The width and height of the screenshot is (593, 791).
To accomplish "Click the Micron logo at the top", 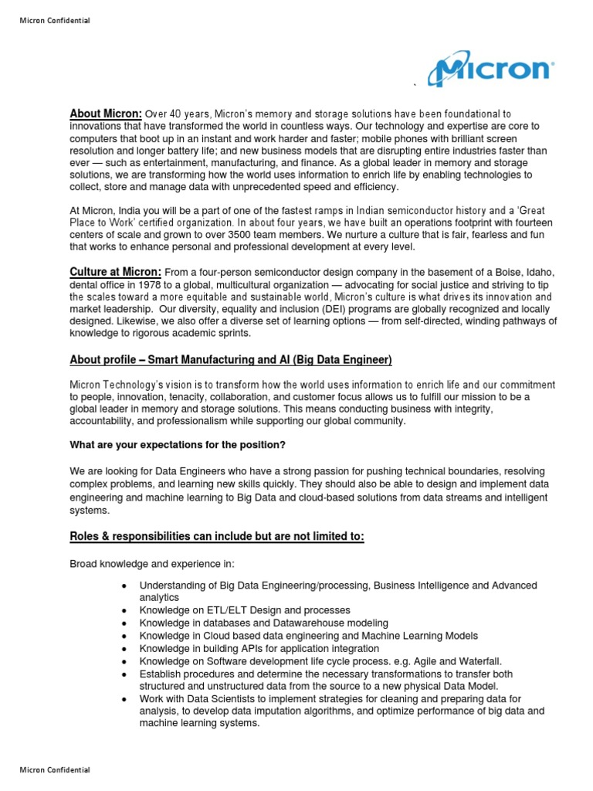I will [x=490, y=70].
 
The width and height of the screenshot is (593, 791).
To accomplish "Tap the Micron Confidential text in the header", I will [x=54, y=20].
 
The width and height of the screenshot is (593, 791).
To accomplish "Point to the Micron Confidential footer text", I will [x=54, y=769].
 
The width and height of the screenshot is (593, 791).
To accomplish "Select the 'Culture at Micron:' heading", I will [x=116, y=272].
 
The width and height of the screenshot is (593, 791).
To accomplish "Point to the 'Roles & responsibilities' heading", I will [x=216, y=537].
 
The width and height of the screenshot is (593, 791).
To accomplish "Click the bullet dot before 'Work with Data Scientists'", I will [x=124, y=699].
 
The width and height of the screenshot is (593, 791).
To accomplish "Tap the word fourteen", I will [x=531, y=223].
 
